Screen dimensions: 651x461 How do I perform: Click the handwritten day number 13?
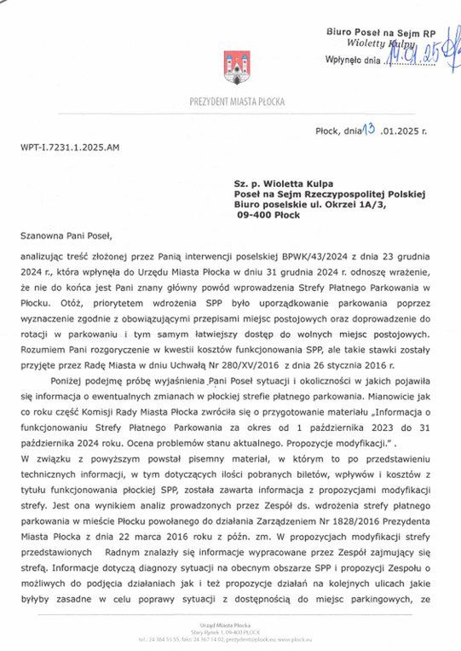tap(368, 130)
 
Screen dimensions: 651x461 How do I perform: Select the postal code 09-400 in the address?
tap(254, 215)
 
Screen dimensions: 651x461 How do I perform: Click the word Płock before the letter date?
tap(328, 131)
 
